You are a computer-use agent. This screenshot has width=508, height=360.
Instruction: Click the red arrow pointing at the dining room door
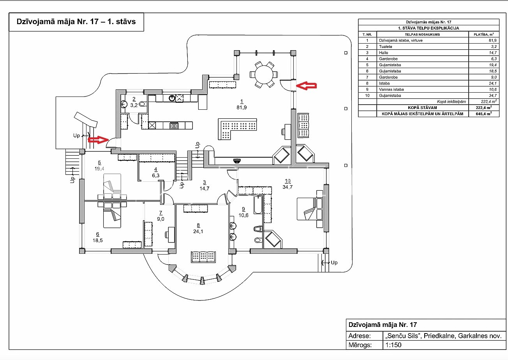(306, 86)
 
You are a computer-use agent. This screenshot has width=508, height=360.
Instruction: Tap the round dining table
(264, 74)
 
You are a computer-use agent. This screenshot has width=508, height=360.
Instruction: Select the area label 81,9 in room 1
(242, 107)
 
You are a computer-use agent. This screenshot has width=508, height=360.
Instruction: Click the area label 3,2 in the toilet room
(134, 105)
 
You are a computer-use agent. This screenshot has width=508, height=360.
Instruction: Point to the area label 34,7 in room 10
(288, 187)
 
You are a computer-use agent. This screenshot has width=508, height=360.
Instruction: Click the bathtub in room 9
(258, 205)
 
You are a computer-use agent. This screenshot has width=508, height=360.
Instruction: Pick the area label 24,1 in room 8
(198, 232)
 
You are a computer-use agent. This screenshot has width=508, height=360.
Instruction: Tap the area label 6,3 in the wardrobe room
(156, 176)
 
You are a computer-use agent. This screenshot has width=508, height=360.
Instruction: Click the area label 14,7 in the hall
(205, 188)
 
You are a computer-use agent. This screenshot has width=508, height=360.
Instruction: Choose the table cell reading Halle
(383, 53)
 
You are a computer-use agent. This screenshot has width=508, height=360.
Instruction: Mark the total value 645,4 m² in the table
(484, 114)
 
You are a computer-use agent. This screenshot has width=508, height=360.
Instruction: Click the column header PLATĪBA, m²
(484, 34)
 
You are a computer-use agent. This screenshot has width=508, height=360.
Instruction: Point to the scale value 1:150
(393, 345)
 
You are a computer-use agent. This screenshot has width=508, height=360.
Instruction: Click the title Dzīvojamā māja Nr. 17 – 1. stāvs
(76, 21)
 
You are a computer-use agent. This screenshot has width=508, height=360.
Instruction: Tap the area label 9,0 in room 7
(161, 219)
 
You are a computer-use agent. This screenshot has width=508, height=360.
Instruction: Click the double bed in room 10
(310, 209)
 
